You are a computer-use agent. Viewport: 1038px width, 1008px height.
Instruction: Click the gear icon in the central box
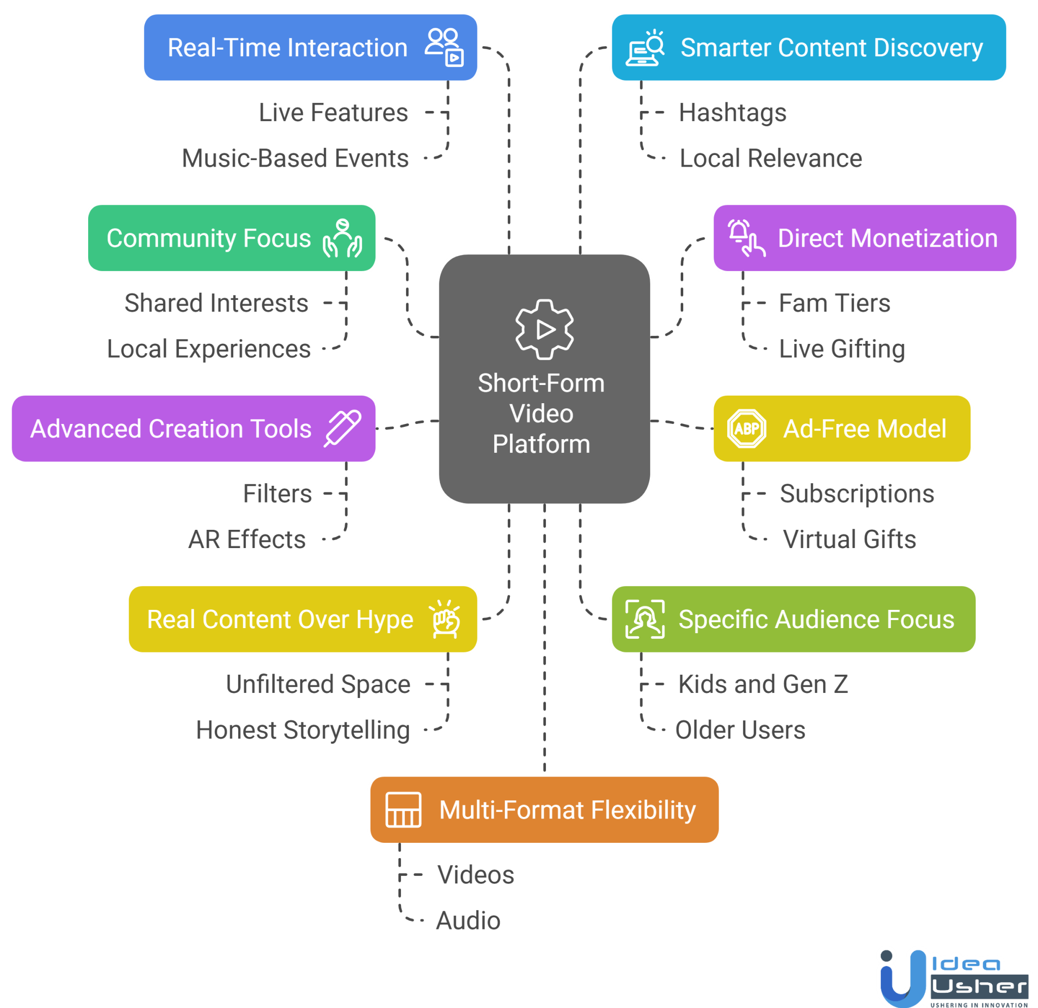(544, 329)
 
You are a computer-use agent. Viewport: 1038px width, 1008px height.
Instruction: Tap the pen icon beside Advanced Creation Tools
(343, 428)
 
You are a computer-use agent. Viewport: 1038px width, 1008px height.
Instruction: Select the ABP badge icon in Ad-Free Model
(747, 429)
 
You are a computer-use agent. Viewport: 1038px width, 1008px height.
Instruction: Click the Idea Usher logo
(954, 978)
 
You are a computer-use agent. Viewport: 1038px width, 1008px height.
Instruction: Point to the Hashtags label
(732, 113)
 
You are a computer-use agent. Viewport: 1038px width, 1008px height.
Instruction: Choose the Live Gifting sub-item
(842, 349)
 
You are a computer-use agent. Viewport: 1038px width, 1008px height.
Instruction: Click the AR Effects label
(247, 539)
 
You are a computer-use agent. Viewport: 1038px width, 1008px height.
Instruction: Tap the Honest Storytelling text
(303, 730)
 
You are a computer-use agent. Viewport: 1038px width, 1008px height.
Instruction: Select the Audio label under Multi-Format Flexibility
(468, 921)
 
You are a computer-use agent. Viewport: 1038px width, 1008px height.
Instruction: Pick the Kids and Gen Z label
(763, 684)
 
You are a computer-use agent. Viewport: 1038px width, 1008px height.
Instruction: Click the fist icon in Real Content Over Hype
(445, 619)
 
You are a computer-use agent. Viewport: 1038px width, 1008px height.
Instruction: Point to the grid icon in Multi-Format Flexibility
(403, 809)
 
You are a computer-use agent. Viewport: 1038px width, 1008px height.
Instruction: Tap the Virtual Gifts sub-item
(849, 539)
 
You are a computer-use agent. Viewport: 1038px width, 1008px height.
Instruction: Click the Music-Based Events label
(295, 159)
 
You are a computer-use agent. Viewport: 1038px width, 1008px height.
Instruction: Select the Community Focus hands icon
(343, 238)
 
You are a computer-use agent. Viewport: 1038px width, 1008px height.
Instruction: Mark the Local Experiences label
(209, 349)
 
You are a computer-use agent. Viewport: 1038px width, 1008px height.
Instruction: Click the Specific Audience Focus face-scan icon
(645, 619)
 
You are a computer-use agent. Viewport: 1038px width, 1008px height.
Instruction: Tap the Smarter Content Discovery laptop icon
(645, 47)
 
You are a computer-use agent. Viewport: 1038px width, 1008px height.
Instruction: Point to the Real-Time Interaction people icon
(444, 47)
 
